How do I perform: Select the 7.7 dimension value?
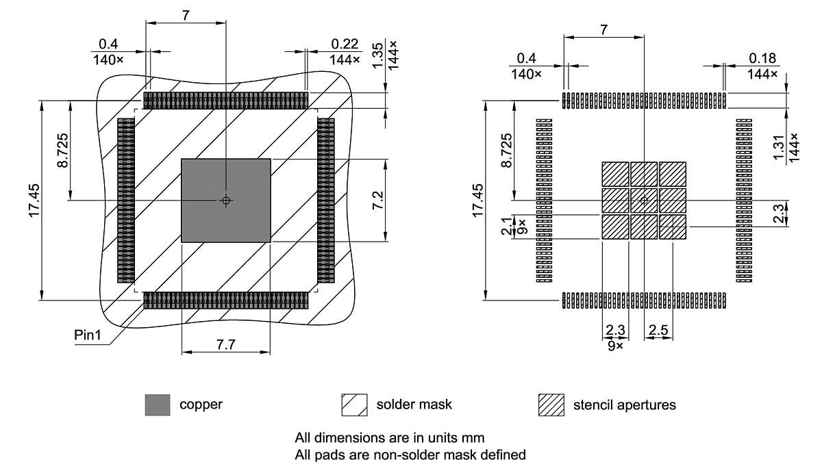click(226, 345)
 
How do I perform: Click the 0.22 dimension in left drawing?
click(345, 44)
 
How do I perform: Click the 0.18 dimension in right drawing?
click(762, 58)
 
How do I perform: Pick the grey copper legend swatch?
click(157, 405)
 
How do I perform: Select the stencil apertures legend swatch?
click(551, 405)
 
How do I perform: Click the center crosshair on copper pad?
click(226, 201)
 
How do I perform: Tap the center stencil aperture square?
click(644, 201)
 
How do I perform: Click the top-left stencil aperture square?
click(615, 174)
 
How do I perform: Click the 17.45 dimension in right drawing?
click(479, 201)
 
